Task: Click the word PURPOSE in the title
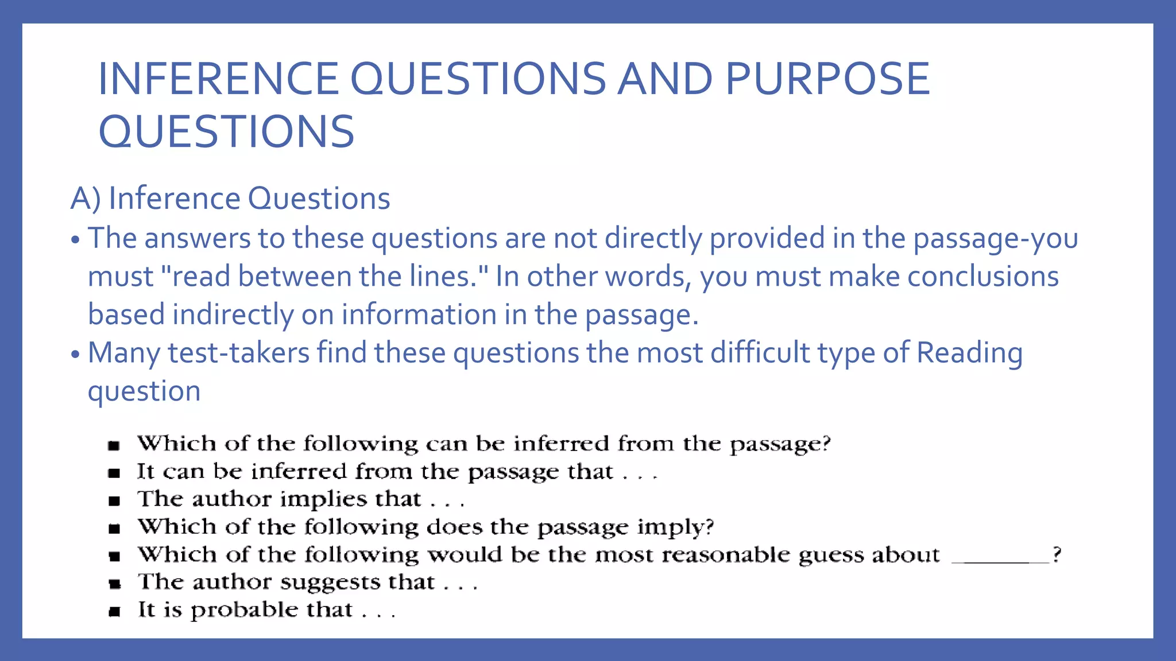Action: click(x=827, y=79)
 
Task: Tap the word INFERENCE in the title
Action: click(x=218, y=79)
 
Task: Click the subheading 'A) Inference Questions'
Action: click(x=230, y=199)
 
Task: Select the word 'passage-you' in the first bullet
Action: click(x=995, y=238)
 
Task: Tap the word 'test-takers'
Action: click(x=239, y=352)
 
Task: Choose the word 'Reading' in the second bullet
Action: click(x=969, y=352)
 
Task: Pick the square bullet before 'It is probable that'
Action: click(x=114, y=612)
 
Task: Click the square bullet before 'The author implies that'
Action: click(x=114, y=501)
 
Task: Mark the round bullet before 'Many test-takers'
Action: click(x=75, y=354)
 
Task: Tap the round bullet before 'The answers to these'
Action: click(x=75, y=240)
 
